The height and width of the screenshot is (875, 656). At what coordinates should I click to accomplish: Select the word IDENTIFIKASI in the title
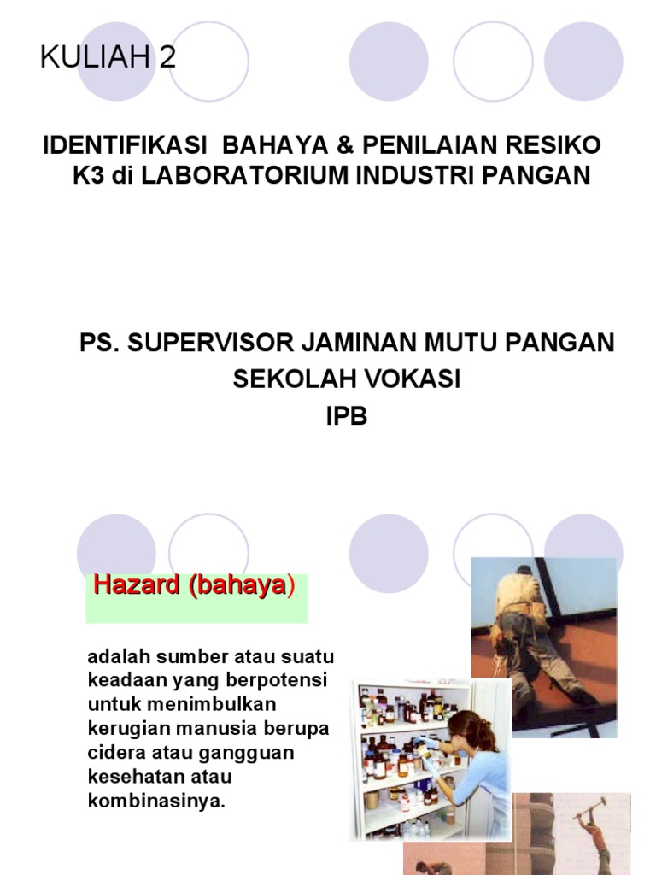pyautogui.click(x=126, y=144)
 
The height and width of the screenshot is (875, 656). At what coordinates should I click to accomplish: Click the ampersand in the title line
pyautogui.click(x=347, y=144)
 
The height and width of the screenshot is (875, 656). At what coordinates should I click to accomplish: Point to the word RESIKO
pyautogui.click(x=560, y=144)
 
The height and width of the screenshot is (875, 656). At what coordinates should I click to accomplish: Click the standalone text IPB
pyautogui.click(x=346, y=418)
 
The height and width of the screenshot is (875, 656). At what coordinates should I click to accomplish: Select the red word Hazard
pyautogui.click(x=134, y=585)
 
